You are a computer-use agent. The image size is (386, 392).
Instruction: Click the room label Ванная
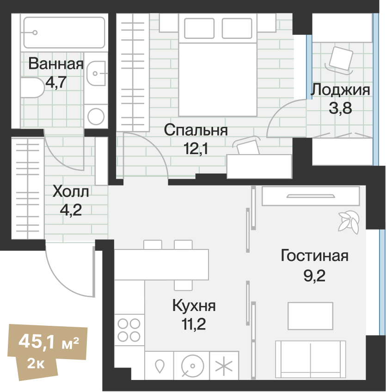[x=56, y=64]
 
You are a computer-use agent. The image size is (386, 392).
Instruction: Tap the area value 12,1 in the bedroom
[x=196, y=149]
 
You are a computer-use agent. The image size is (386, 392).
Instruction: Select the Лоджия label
[x=340, y=89]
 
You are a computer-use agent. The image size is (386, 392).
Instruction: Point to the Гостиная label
[x=314, y=255]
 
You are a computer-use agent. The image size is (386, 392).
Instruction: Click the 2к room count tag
[x=36, y=364]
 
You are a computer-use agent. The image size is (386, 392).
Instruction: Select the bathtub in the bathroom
[x=64, y=32]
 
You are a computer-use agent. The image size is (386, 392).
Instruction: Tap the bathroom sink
[x=97, y=73]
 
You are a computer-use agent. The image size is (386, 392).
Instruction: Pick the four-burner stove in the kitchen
[x=129, y=330]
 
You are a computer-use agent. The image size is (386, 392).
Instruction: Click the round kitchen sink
[x=191, y=367]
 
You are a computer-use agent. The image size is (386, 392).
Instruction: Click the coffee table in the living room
[x=310, y=316]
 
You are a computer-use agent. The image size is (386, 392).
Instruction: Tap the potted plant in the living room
[x=348, y=221]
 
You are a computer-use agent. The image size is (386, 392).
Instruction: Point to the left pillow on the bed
[x=199, y=28]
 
